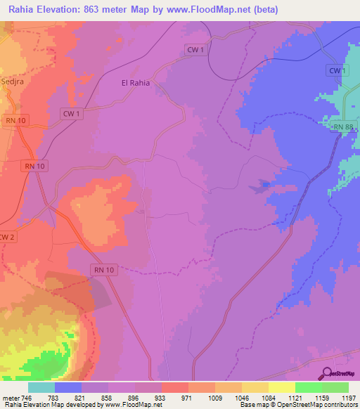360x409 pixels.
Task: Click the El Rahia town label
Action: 136,83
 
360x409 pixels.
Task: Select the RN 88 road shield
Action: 345,126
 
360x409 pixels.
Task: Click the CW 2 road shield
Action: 6,236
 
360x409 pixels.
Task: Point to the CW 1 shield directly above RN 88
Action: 338,71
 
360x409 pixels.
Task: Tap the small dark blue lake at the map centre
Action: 263,186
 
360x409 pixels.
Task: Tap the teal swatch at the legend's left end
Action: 41,387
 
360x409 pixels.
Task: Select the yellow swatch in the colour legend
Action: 281,387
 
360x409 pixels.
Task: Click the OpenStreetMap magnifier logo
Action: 326,374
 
